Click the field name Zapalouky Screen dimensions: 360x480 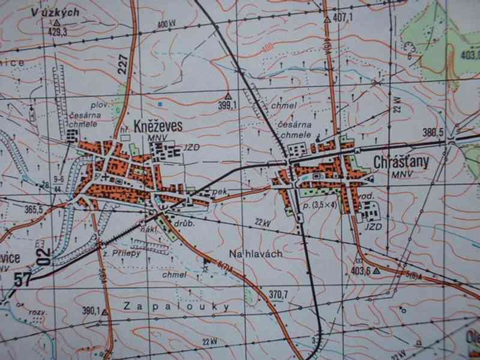178,306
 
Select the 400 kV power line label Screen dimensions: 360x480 167,23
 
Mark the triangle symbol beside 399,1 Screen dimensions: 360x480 227,95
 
